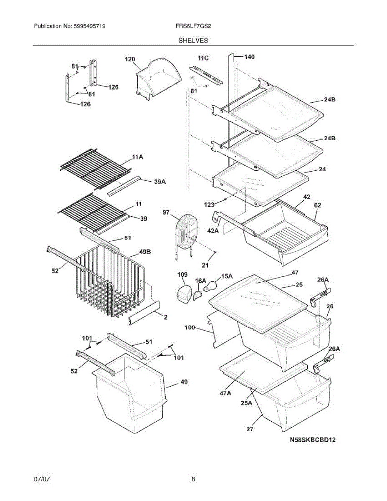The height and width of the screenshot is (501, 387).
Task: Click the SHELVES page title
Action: coord(193,40)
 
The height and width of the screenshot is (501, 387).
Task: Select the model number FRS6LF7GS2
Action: coord(193,26)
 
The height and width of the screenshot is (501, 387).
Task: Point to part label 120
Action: coord(130,59)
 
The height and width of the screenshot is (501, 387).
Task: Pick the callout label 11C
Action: coord(203,58)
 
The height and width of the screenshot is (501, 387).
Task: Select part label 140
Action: coord(249,56)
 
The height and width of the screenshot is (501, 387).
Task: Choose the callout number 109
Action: coord(182,274)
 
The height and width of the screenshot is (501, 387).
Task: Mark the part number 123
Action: coord(209,205)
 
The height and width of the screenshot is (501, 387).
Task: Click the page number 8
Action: coord(193,479)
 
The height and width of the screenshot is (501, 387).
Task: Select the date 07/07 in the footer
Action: coord(42,479)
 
